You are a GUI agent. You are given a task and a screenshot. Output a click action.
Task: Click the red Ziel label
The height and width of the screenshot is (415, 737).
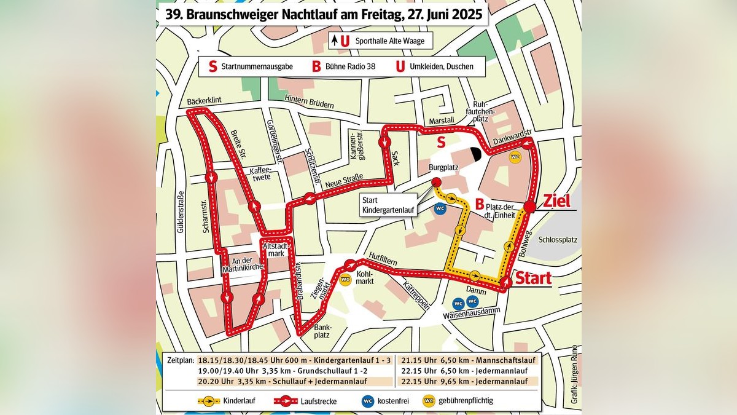point(556,201)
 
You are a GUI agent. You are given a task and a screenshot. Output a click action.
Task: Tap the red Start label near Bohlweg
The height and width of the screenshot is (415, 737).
point(532,279)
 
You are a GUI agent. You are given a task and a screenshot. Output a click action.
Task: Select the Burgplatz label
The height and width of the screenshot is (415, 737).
point(442,167)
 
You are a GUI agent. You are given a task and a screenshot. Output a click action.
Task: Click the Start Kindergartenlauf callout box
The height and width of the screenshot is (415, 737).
point(388,205)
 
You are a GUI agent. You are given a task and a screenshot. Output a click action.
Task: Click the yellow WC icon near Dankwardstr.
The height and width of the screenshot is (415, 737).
point(516,156)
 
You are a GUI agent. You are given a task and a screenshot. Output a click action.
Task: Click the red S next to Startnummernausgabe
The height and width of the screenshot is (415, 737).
point(213,66)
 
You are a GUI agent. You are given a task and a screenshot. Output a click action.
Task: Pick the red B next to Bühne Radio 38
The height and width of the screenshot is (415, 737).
point(316,66)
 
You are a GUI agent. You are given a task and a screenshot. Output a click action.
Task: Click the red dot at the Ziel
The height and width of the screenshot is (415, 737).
point(529,207)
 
